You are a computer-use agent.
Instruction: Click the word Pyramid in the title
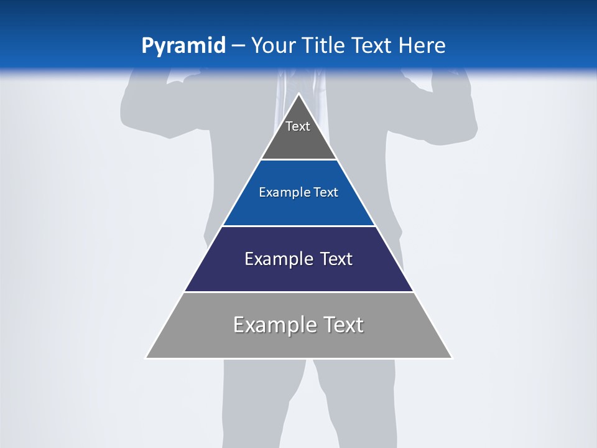tap(183, 46)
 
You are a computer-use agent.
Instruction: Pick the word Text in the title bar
tap(373, 46)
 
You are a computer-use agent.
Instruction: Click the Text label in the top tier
tap(298, 126)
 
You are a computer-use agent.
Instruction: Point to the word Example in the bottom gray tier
tap(274, 325)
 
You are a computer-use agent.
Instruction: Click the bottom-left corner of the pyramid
tap(147, 358)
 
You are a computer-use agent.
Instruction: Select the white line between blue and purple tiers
tap(298, 226)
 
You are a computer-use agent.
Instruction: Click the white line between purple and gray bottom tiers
tap(298, 292)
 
